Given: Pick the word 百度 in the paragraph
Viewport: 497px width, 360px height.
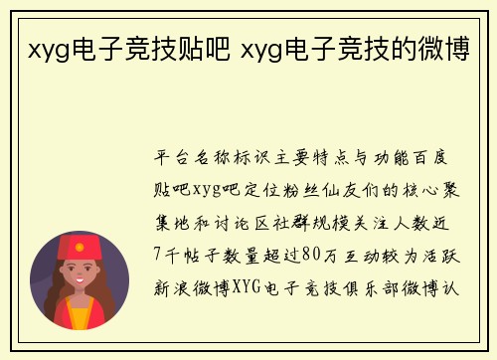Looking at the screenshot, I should pos(437,159).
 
